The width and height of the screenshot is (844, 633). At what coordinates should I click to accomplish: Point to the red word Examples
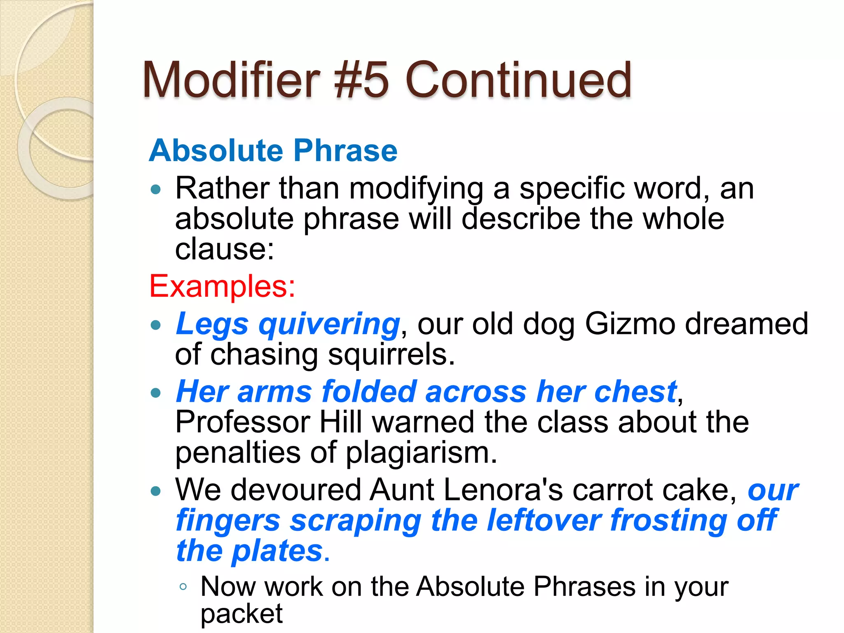[x=222, y=286]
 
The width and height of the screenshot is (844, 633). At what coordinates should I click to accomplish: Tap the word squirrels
[x=391, y=354]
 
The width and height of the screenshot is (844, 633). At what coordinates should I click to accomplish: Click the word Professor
[x=243, y=422]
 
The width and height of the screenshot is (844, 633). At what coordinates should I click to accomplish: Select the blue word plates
[x=277, y=551]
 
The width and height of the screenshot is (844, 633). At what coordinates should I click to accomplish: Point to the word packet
[x=241, y=614]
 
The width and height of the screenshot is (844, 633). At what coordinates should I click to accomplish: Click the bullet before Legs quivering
[x=155, y=325]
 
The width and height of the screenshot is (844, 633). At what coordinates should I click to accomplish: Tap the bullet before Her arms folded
[x=155, y=392]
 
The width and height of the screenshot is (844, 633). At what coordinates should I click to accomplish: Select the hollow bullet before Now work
[x=183, y=586]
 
